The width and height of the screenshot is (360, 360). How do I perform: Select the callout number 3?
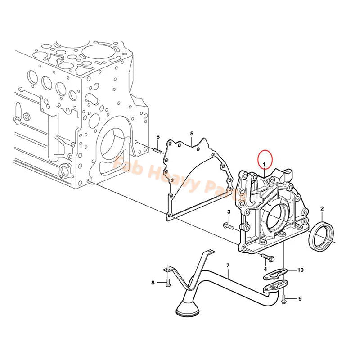(229, 212)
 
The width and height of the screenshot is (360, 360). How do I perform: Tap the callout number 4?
(265, 269)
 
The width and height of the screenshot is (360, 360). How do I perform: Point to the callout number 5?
(191, 134)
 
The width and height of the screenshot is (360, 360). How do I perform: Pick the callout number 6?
(158, 137)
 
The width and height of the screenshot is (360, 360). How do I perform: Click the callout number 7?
(228, 266)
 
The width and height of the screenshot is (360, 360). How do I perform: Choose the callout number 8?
(153, 283)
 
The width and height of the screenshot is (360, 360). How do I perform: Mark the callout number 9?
(300, 298)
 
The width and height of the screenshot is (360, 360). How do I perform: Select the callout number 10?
(301, 270)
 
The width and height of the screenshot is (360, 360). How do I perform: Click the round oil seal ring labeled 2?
(323, 236)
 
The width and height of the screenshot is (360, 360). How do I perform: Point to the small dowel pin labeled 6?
(157, 150)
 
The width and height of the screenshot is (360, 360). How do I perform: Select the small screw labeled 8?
(167, 283)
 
